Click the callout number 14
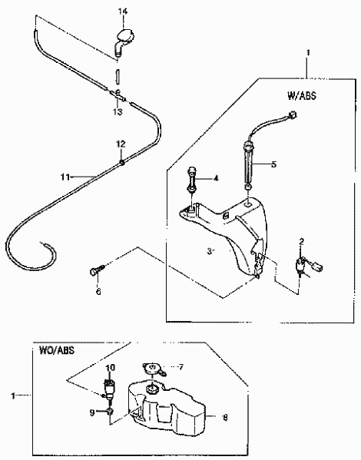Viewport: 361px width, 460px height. (x=123, y=12)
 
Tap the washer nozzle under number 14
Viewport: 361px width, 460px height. (x=124, y=40)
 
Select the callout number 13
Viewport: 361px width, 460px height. (x=118, y=112)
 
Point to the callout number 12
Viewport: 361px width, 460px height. (x=121, y=144)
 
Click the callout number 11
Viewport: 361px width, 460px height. (x=65, y=177)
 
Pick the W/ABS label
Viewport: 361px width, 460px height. (x=302, y=96)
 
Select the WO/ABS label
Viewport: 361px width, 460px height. (x=57, y=350)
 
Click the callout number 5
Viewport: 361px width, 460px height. (x=274, y=164)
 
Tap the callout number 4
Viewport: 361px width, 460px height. (x=216, y=178)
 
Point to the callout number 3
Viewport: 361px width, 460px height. (x=209, y=251)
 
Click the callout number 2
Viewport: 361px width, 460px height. (x=302, y=242)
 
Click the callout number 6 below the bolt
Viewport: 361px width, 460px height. (x=98, y=291)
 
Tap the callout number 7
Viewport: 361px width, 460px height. (x=180, y=367)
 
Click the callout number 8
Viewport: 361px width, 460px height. (x=225, y=418)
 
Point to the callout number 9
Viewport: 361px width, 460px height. (x=92, y=412)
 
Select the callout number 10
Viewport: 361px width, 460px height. (x=111, y=368)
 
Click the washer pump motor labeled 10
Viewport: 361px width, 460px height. (x=109, y=389)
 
